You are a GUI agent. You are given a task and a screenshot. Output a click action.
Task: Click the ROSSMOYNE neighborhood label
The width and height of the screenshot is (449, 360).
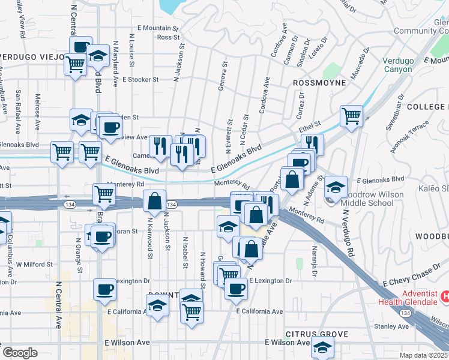[319, 82]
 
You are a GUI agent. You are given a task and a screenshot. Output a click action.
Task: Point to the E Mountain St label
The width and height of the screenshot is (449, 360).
[158, 28]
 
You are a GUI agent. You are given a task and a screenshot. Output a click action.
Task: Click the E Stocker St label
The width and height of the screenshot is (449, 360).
[140, 79]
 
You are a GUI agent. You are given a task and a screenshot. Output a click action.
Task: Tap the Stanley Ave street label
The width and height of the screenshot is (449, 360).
[391, 326]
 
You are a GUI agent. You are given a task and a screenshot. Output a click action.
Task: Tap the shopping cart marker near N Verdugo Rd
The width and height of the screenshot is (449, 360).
[351, 115]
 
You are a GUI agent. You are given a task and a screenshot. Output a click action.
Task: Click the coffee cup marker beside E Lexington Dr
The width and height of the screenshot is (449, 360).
[104, 290]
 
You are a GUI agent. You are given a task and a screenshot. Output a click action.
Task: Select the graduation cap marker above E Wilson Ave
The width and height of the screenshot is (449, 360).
[323, 347]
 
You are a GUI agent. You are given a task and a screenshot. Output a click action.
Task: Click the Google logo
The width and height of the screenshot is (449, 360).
[20, 353]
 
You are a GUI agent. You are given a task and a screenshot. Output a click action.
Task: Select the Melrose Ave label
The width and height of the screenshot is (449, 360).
[37, 112]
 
